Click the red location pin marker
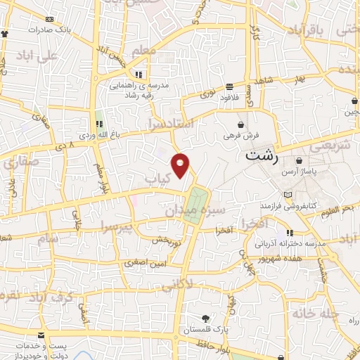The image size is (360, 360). tap(181, 165)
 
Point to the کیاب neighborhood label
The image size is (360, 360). tap(158, 180)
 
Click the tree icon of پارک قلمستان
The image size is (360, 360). tap(205, 318)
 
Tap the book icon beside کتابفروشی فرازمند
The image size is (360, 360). tap(285, 195)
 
